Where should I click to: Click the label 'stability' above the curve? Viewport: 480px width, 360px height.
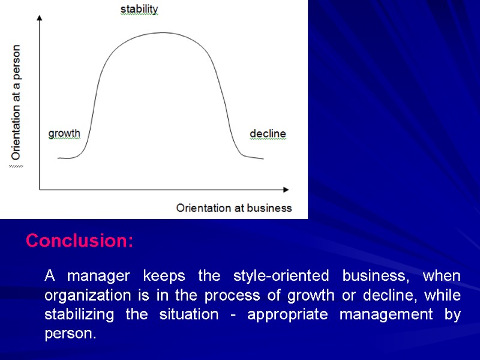(x=139, y=9)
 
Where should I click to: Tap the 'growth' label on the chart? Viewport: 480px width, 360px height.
(x=64, y=133)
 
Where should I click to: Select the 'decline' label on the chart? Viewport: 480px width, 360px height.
(x=268, y=133)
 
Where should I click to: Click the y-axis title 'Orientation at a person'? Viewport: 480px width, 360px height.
(x=16, y=102)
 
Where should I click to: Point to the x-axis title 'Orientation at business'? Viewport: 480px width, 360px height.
(x=234, y=208)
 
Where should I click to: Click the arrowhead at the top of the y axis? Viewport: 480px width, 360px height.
(x=40, y=18)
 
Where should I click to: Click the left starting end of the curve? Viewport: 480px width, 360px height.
(x=59, y=158)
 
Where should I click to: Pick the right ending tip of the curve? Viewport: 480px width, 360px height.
(x=262, y=158)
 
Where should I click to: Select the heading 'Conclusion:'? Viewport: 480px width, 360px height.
(x=80, y=241)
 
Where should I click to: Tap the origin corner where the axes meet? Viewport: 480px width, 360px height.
(x=40, y=190)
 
